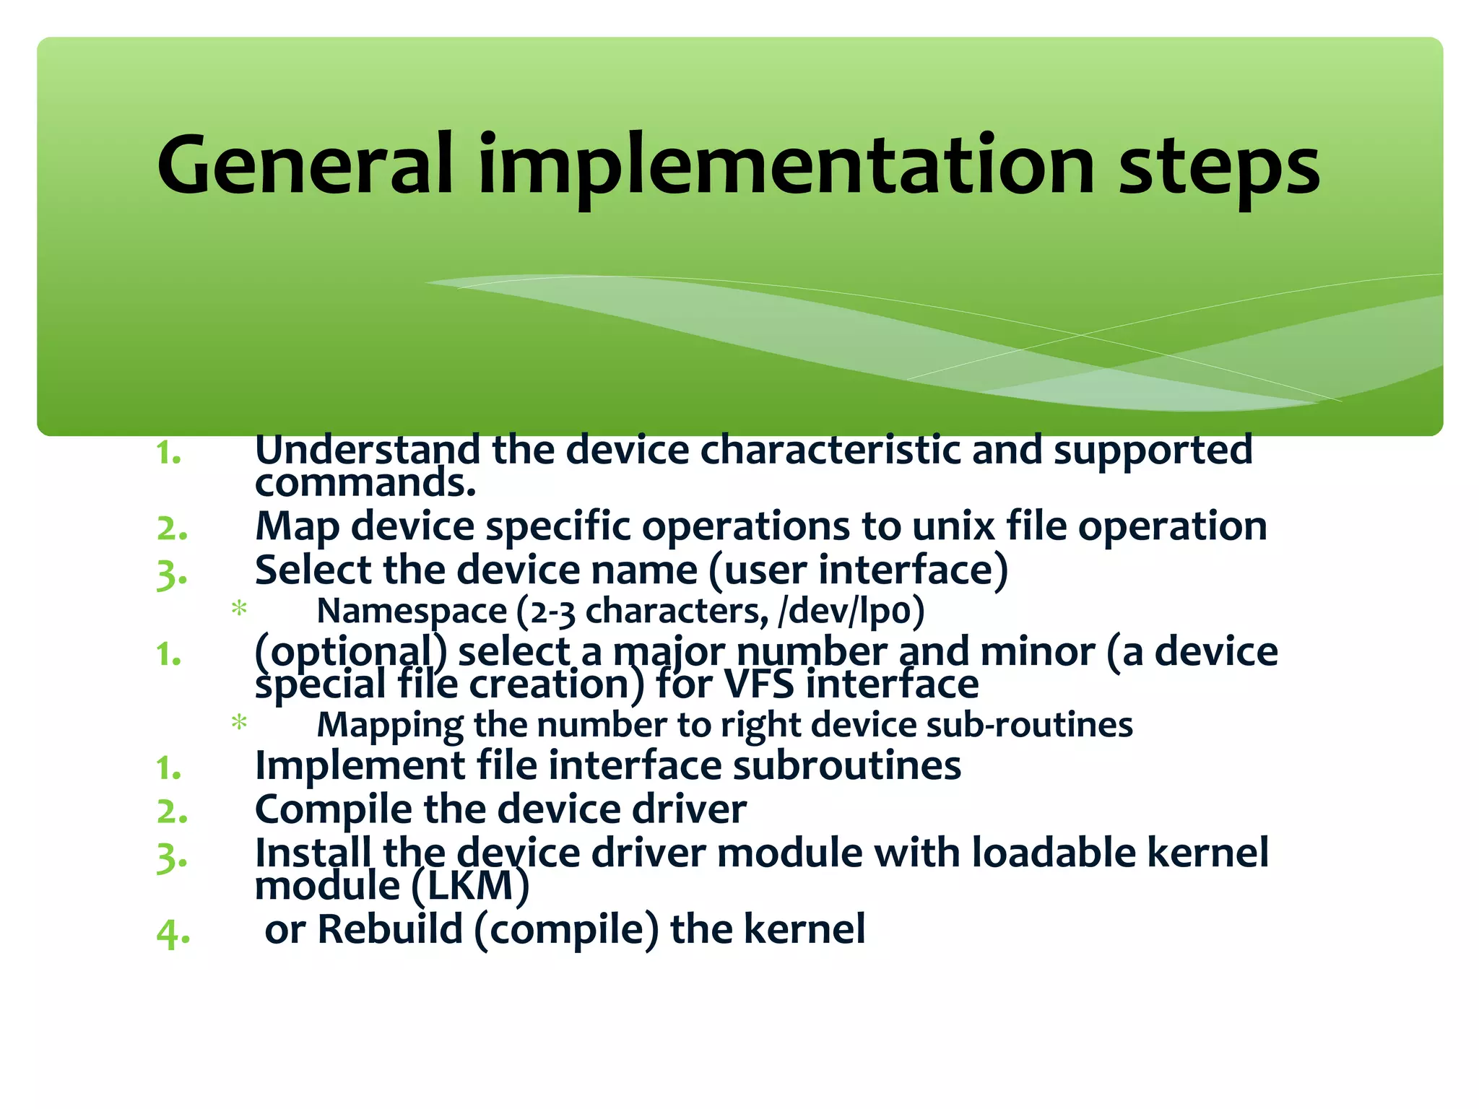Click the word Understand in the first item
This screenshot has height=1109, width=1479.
point(368,450)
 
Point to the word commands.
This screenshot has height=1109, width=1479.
point(365,483)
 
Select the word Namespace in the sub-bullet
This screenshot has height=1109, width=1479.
point(412,612)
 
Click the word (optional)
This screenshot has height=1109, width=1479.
point(351,652)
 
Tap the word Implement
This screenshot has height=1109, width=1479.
point(360,765)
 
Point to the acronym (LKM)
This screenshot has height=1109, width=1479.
point(470,886)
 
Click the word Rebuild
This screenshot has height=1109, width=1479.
point(390,928)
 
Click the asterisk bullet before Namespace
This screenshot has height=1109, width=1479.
point(239,609)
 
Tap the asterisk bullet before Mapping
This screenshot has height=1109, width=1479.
point(239,722)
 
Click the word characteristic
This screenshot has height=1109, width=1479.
point(830,450)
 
